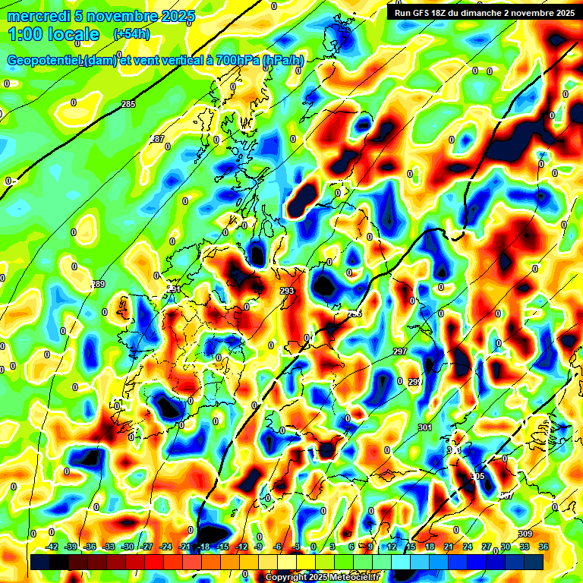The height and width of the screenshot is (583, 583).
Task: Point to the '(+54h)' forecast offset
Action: click(131, 34)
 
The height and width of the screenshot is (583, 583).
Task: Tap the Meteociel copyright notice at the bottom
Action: click(322, 577)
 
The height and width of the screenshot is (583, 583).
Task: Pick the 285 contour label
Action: click(128, 104)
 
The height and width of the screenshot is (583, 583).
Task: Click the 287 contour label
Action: click(158, 139)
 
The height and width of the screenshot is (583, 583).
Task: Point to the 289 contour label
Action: click(98, 284)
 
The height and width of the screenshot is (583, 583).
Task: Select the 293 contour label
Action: click(286, 291)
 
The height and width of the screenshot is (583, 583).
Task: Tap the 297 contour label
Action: click(400, 351)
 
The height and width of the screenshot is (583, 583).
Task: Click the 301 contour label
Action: click(424, 428)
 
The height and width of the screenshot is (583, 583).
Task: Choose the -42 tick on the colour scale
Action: click(52, 547)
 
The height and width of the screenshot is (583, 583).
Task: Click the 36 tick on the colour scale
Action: click(544, 547)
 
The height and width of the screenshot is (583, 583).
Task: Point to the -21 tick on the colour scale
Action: click(184, 547)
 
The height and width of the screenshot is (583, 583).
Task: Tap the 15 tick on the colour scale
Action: click(410, 547)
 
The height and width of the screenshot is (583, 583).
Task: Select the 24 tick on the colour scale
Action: click(468, 547)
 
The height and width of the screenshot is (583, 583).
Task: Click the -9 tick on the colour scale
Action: click(259, 547)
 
